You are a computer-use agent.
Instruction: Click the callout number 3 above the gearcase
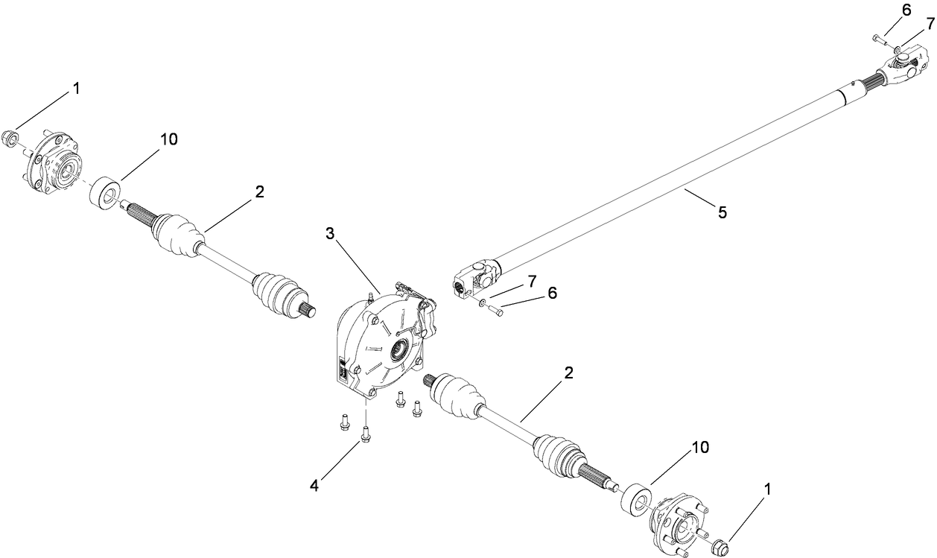329,234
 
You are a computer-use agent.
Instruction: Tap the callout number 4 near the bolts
315,486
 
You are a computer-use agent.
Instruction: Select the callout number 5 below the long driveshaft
722,212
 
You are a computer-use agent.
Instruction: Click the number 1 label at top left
75,88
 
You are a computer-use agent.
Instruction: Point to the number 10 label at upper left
169,139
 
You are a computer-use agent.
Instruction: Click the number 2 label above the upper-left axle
258,191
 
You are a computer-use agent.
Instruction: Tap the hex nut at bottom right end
720,547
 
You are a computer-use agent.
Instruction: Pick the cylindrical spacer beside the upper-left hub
105,192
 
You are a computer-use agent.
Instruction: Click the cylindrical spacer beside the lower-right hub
635,498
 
